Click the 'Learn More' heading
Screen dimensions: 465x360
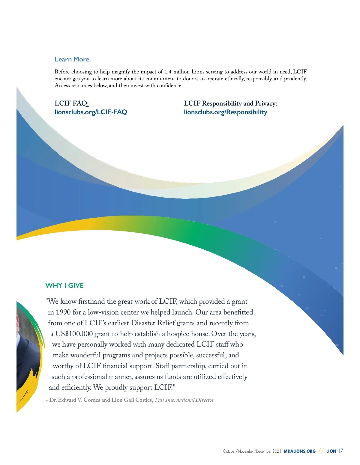point(72,59)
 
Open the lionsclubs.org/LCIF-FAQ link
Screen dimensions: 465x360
point(91,112)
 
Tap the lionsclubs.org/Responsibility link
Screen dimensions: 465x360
point(225,112)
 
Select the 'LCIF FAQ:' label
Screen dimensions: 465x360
point(72,103)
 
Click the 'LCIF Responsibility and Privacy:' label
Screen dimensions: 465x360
point(230,103)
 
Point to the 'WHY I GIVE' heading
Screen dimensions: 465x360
point(64,285)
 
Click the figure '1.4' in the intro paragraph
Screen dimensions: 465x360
point(168,72)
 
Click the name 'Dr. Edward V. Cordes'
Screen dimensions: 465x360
point(75,400)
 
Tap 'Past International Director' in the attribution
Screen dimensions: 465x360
point(184,400)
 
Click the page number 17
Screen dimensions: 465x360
point(340,451)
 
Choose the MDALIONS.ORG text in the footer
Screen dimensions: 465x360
point(300,451)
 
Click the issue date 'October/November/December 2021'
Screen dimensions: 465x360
point(252,451)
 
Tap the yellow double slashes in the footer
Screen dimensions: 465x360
point(321,451)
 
